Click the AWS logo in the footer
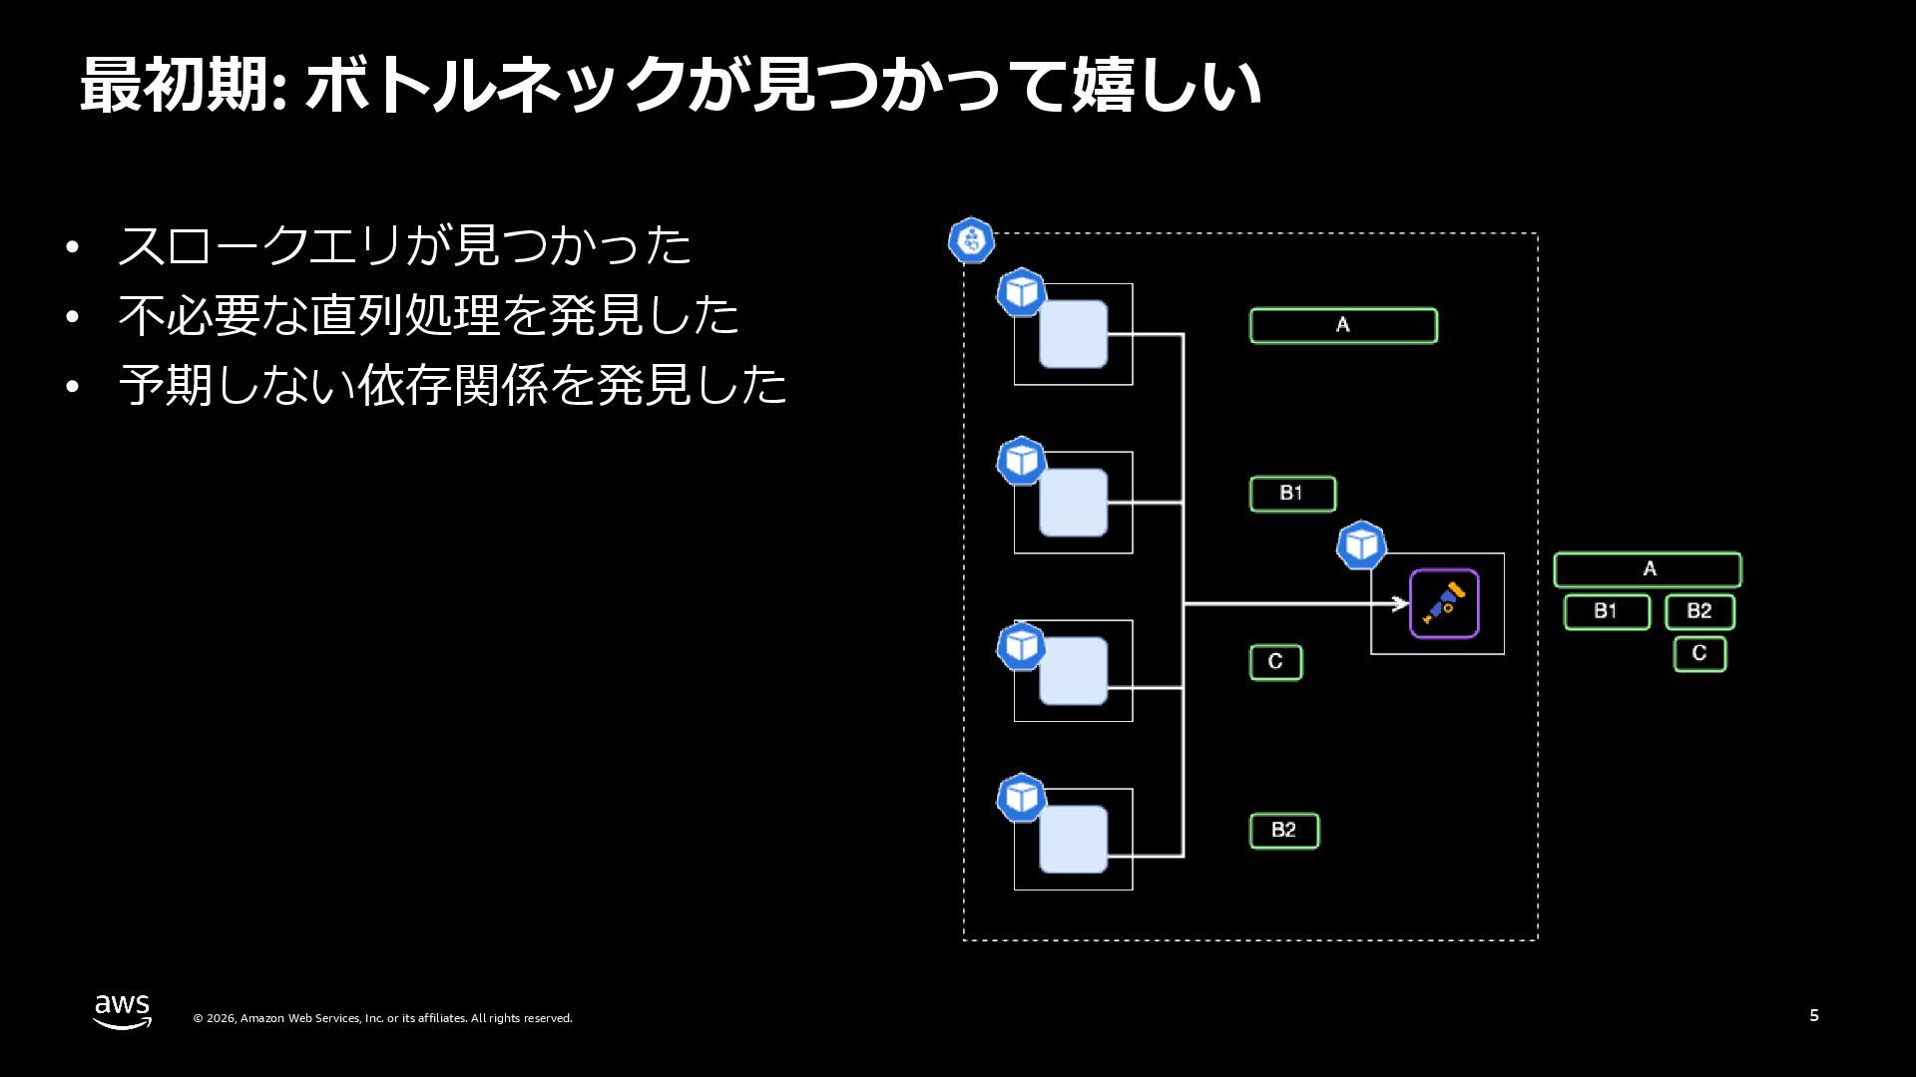(123, 1011)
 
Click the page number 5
(1813, 1015)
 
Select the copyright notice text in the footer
(382, 1018)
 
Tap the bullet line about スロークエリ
(404, 245)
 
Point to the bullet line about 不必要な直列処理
(428, 315)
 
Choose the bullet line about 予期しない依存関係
(452, 385)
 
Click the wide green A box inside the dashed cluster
(1343, 325)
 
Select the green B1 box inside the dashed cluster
(1292, 494)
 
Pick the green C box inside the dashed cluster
(1275, 662)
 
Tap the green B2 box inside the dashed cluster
(1284, 831)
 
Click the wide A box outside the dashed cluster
(1648, 569)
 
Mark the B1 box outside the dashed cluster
(1607, 611)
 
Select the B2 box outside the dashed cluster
(1699, 611)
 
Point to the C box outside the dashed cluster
(1699, 654)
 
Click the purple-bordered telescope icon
(1443, 603)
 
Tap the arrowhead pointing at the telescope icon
(1400, 603)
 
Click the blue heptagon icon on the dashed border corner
(971, 240)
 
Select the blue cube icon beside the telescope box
(1361, 545)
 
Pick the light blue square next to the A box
(1073, 334)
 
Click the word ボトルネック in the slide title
(496, 85)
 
